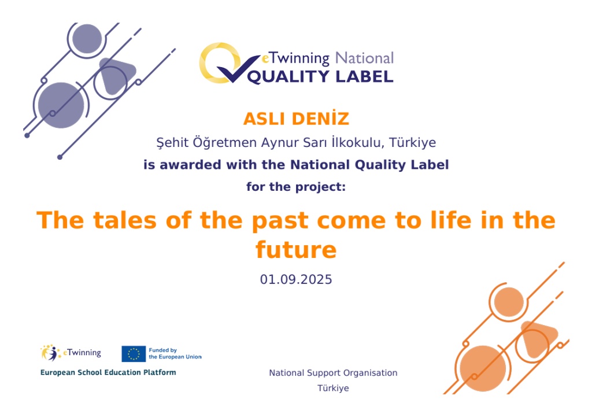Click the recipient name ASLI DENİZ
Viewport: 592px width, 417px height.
pyautogui.click(x=296, y=119)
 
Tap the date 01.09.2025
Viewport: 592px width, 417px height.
pyautogui.click(x=296, y=279)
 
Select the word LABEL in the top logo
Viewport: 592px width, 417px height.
pyautogui.click(x=364, y=77)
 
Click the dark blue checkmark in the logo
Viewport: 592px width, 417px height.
pyautogui.click(x=238, y=69)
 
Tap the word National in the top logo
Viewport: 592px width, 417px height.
pyautogui.click(x=364, y=58)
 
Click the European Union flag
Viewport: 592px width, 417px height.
pyautogui.click(x=134, y=354)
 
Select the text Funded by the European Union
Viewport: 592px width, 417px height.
pyautogui.click(x=175, y=353)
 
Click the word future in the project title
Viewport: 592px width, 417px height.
pyautogui.click(x=296, y=250)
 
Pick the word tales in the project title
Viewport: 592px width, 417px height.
pyautogui.click(x=125, y=220)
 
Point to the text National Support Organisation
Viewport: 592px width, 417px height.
pyautogui.click(x=333, y=373)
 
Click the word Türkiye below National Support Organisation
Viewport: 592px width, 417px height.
pyautogui.click(x=333, y=388)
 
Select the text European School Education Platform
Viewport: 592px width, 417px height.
pyautogui.click(x=108, y=372)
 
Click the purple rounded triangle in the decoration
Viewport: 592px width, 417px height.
pyautogui.click(x=116, y=76)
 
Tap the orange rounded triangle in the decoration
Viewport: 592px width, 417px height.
pyautogui.click(x=538, y=339)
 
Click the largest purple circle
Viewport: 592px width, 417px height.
pyautogui.click(x=61, y=105)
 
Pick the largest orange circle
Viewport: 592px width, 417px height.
pyautogui.click(x=483, y=368)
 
